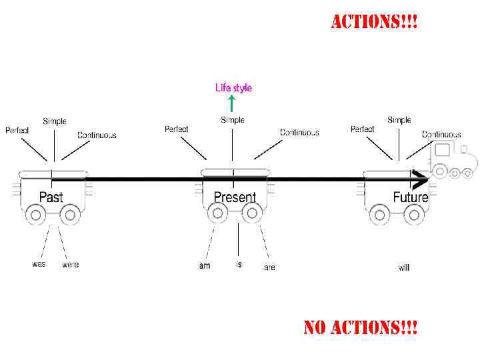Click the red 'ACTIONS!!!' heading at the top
pos(375,22)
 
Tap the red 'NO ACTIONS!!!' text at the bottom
pos(361,327)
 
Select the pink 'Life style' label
pos(233,87)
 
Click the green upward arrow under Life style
pos(231,103)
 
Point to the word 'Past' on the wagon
pos(51,197)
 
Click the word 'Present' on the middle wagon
pos(235,197)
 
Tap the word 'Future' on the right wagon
pos(410,197)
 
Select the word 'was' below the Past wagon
pos(39,263)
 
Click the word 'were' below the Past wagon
pos(70,265)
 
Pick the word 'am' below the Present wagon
pos(205,266)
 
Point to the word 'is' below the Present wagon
pos(239,264)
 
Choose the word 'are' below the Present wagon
pos(269,267)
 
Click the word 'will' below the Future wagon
pos(404,267)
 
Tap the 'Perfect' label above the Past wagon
pos(17,130)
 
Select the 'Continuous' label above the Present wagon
pos(299,133)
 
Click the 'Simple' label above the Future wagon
pos(399,120)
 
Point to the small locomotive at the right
pos(453,160)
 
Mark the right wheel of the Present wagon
pos(251,213)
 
